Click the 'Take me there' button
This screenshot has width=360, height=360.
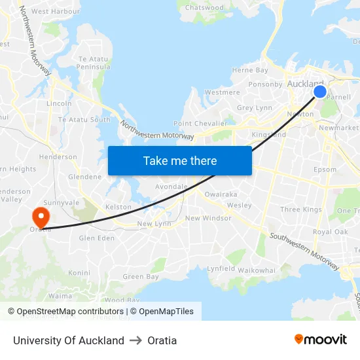(180, 160)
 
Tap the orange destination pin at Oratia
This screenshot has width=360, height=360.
(40, 217)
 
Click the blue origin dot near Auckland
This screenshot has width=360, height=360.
(320, 91)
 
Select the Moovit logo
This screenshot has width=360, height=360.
(320, 340)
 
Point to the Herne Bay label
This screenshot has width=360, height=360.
(250, 71)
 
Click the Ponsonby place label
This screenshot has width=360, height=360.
(264, 84)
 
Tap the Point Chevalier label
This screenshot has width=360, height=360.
(200, 124)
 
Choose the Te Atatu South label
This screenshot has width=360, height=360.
(84, 120)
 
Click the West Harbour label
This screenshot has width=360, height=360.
(56, 11)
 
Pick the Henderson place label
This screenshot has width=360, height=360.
(58, 157)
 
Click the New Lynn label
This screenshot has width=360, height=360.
(154, 224)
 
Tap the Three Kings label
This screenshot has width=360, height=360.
(300, 209)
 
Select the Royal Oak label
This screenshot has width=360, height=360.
(330, 232)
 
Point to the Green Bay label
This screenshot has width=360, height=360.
(141, 277)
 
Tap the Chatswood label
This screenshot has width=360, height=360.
(204, 8)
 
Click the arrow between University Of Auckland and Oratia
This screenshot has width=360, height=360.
(135, 340)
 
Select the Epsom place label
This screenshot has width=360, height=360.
(325, 170)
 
